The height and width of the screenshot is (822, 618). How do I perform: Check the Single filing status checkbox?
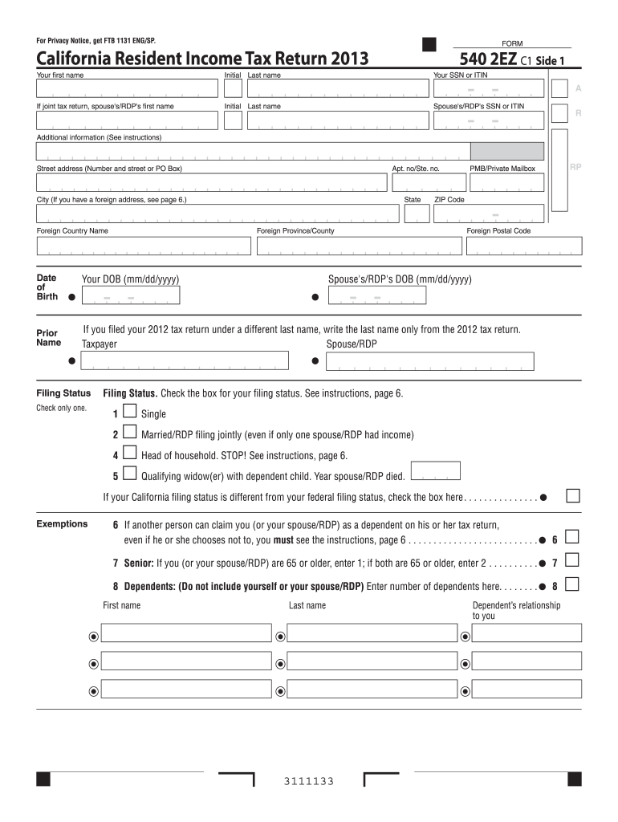(130, 413)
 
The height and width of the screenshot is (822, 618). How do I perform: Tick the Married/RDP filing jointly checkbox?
(130, 433)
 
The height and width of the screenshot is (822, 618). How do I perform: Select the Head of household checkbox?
(130, 454)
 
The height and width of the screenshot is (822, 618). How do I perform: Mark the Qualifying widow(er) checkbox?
(130, 474)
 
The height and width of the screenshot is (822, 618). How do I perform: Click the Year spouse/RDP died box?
(435, 471)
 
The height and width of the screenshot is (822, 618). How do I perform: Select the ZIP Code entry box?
(488, 214)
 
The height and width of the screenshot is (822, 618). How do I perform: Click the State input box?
(417, 214)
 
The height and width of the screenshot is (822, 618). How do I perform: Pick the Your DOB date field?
(130, 297)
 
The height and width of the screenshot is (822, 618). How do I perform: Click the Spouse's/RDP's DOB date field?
(376, 297)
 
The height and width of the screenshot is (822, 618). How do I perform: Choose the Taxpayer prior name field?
(185, 362)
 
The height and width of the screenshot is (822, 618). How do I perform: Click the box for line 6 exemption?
(573, 537)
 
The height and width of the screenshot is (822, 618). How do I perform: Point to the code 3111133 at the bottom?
(308, 782)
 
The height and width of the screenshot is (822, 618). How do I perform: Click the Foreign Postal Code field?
(498, 246)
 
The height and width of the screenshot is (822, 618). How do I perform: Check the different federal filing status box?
(573, 495)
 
